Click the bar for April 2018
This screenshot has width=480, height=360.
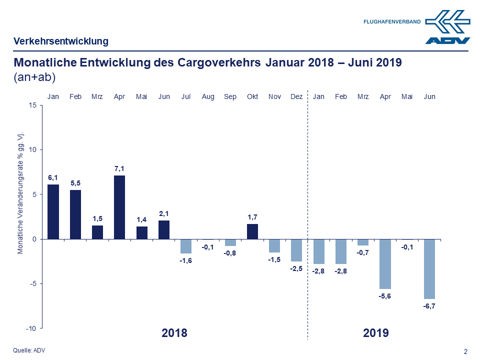[x=119, y=207]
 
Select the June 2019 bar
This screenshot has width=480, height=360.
[x=429, y=268]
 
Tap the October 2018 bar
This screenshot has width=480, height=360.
[x=252, y=231]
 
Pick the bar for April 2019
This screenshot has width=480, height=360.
[x=385, y=263]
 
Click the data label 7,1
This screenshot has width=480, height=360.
[x=119, y=169]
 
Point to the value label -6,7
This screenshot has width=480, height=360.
[x=429, y=306]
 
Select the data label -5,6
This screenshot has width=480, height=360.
[x=385, y=296]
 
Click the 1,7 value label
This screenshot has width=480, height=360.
[x=252, y=217]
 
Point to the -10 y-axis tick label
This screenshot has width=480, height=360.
[x=31, y=328]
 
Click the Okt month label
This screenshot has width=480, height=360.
[x=252, y=96]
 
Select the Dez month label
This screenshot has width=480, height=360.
[x=296, y=96]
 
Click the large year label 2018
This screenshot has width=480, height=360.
[x=174, y=333]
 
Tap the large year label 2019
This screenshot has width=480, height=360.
[x=376, y=333]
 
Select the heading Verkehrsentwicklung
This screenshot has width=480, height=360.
[x=61, y=41]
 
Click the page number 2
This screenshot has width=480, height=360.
[x=466, y=351]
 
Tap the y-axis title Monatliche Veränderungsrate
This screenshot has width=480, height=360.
[x=21, y=194]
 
